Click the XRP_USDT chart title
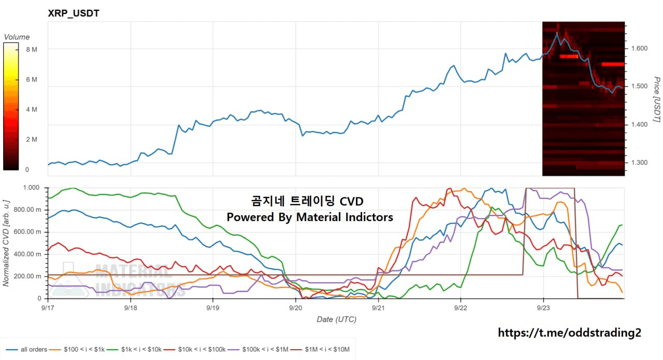click(74, 13)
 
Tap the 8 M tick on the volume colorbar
click(32, 49)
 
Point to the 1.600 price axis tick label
click(639, 48)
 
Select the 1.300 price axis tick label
click(639, 163)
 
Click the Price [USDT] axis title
click(657, 99)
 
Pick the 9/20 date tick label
click(295, 308)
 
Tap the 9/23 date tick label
click(543, 308)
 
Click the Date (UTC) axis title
click(337, 320)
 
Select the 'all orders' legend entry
click(26, 350)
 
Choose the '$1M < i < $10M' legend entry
click(320, 350)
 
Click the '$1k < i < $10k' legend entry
click(134, 350)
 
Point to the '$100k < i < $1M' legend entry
click(258, 350)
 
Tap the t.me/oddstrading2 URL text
click(569, 333)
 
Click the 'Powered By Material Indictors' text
click(310, 217)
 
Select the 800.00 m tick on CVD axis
click(27, 210)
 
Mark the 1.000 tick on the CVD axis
click(32, 188)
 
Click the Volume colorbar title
click(17, 37)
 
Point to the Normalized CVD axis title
click(6, 243)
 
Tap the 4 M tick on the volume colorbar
click(32, 109)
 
